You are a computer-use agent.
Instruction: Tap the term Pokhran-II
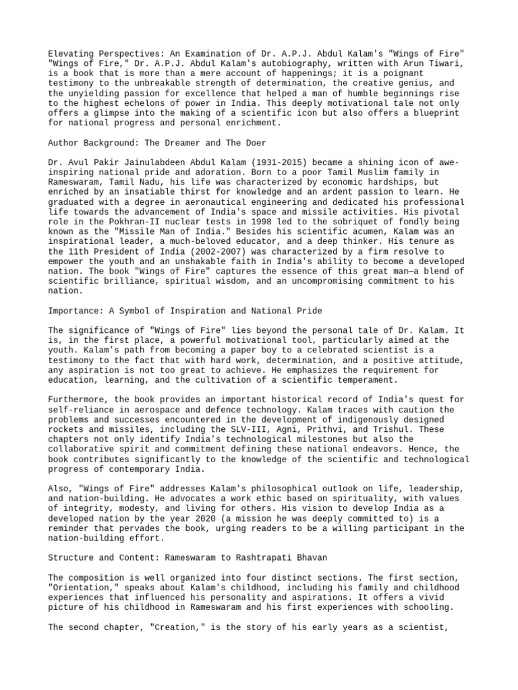click(x=125, y=225)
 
